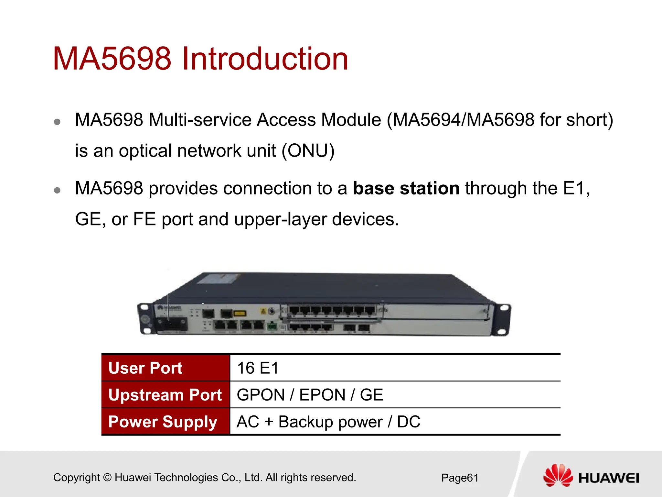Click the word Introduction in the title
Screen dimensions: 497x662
(x=265, y=59)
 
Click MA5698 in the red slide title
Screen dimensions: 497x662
(x=112, y=59)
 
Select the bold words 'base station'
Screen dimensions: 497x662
(x=406, y=188)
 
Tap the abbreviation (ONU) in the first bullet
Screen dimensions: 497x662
(x=308, y=151)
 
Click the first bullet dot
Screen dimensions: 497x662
(x=57, y=122)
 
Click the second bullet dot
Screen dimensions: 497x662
(x=57, y=190)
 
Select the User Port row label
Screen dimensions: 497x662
(x=145, y=368)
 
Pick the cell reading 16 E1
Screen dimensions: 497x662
(x=258, y=368)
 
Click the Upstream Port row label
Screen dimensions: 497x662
(x=165, y=395)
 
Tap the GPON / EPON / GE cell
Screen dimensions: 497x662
(x=310, y=395)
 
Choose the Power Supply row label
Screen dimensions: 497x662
(x=163, y=422)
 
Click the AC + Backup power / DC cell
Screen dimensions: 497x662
(x=328, y=422)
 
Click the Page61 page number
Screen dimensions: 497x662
(x=460, y=478)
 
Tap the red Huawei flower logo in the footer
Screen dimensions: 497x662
(x=558, y=475)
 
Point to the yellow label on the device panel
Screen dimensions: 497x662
(x=240, y=313)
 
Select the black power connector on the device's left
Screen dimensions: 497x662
(x=171, y=323)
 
